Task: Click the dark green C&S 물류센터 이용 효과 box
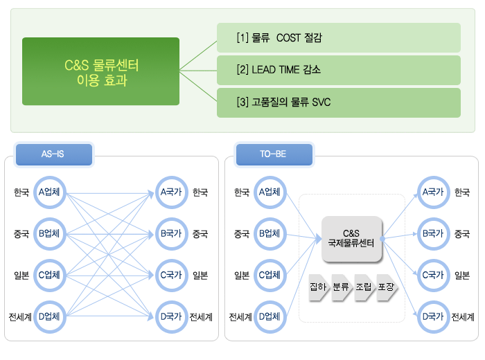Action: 101,71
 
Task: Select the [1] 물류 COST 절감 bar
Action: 339,37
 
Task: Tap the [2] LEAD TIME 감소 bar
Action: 339,70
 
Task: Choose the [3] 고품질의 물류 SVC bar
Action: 339,102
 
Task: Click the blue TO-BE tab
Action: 274,154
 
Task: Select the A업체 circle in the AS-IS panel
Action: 49,192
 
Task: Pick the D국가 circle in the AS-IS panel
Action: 172,317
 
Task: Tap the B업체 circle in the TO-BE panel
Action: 270,234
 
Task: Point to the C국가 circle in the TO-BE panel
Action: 433,276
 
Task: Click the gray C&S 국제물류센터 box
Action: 352,239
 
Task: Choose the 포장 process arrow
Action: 387,287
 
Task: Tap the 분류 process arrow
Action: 342,287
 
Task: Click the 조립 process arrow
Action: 364,287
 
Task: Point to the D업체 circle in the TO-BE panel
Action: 270,317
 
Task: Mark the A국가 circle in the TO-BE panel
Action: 433,192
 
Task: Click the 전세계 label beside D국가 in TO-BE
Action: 463,317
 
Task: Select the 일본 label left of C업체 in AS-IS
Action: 21,276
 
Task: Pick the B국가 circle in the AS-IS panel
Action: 172,234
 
